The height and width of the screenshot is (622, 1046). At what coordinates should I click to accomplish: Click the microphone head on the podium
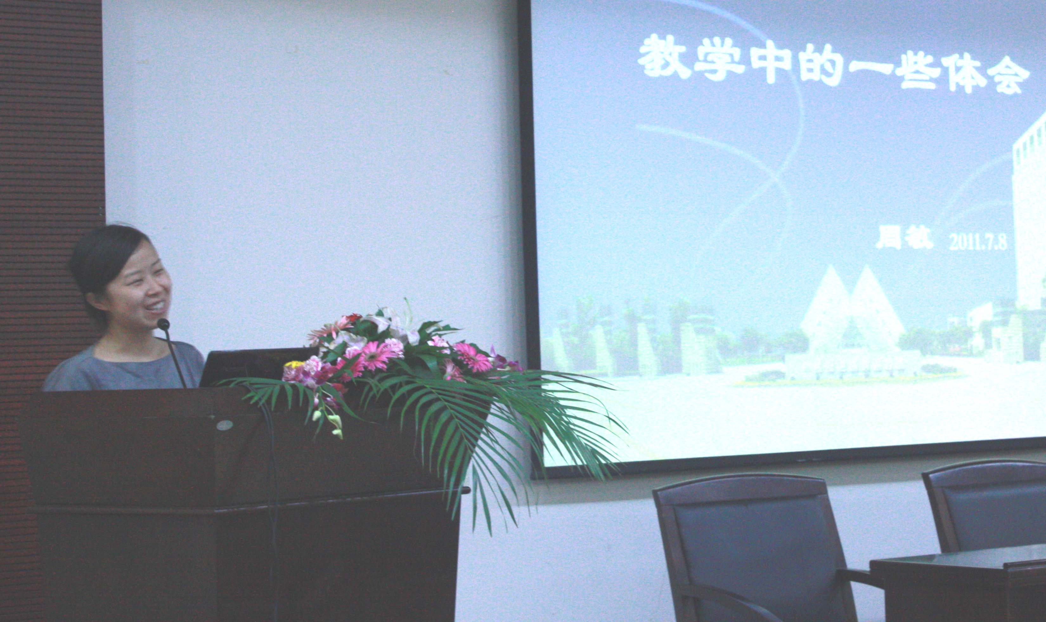tap(163, 324)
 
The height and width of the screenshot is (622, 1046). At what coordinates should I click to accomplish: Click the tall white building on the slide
tap(1029, 210)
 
